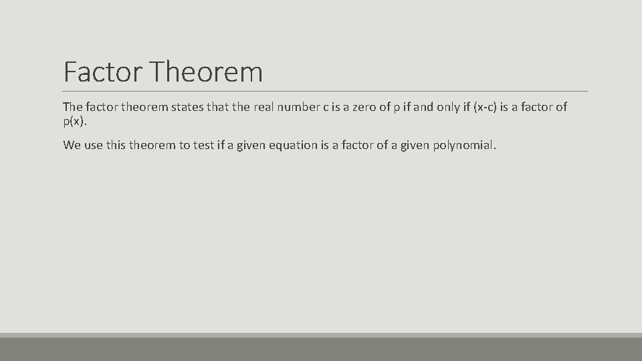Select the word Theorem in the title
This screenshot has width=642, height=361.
[207, 72]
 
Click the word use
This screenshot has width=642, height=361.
[94, 145]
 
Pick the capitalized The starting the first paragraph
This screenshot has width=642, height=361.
[72, 107]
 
